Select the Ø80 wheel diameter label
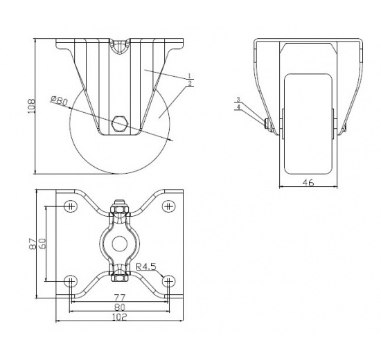pyautogui.click(x=60, y=102)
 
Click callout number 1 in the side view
pyautogui.click(x=189, y=75)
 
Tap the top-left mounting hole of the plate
pyautogui.click(x=70, y=205)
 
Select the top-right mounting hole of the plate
pyautogui.click(x=168, y=205)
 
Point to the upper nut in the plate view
pyautogui.click(x=119, y=208)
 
